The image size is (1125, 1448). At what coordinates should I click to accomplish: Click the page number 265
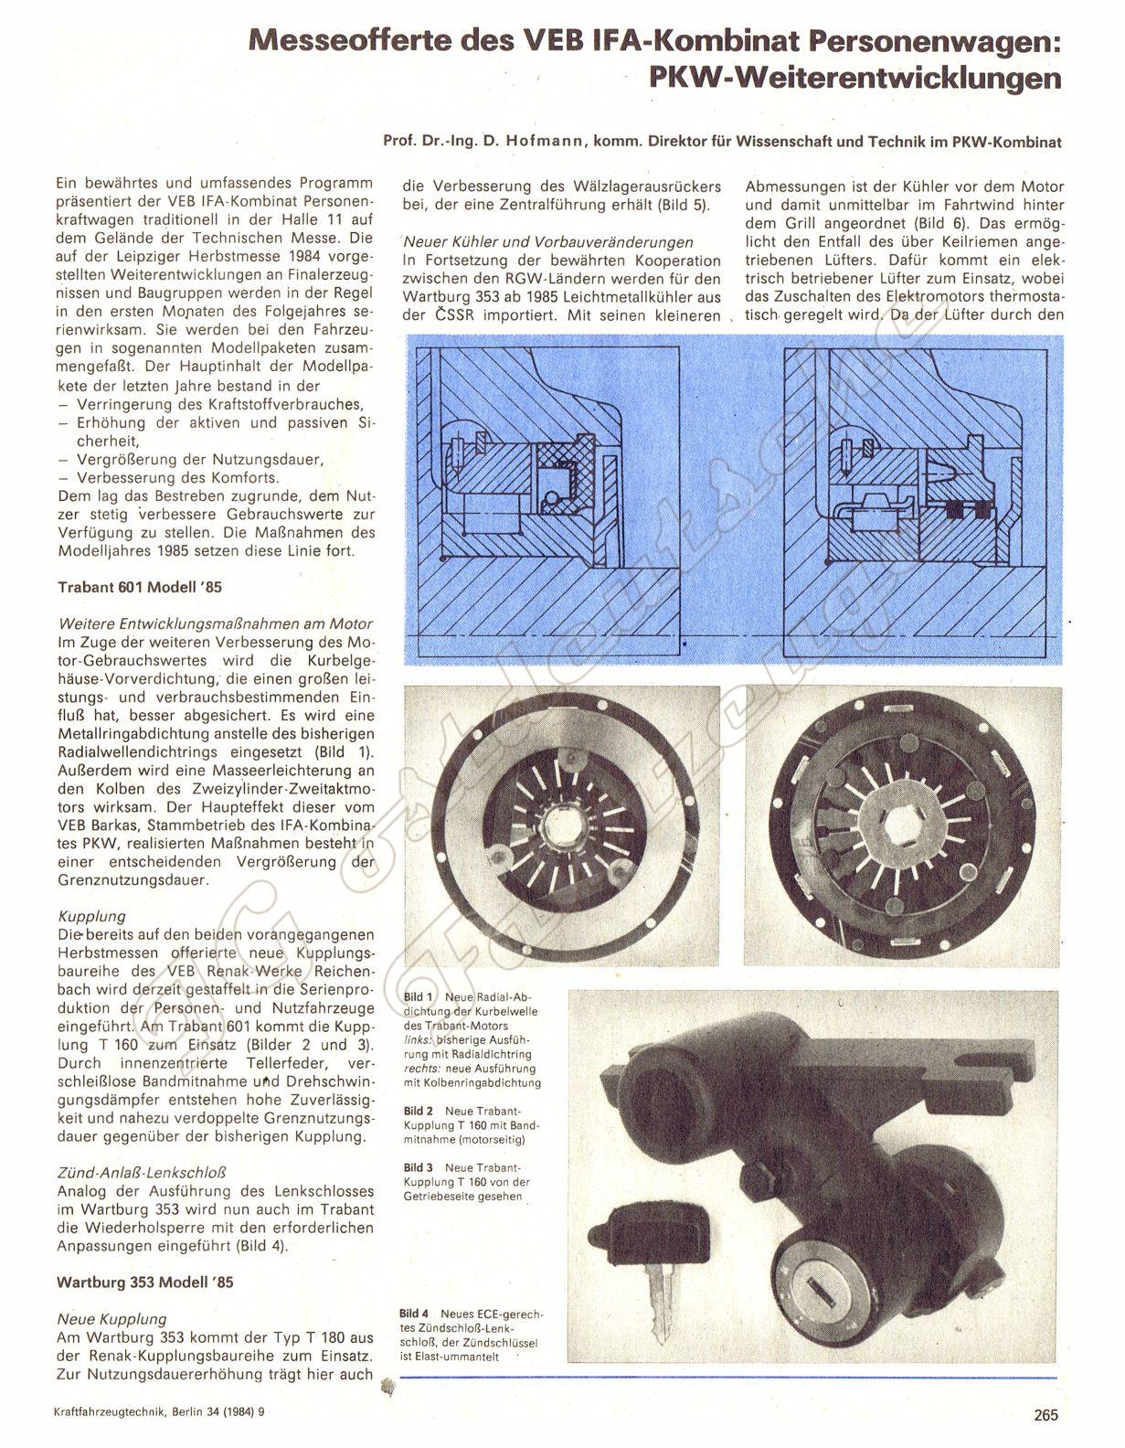pyautogui.click(x=1045, y=1414)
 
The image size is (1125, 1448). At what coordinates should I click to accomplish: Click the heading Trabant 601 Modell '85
pyautogui.click(x=140, y=587)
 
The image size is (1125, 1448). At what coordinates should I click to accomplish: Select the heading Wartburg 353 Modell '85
pyautogui.click(x=145, y=1282)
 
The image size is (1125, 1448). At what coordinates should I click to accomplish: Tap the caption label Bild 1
pyautogui.click(x=419, y=997)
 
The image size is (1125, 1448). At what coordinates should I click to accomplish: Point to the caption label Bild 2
pyautogui.click(x=419, y=1111)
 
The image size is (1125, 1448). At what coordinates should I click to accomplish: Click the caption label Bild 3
pyautogui.click(x=419, y=1167)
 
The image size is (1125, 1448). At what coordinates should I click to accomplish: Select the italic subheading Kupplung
pyautogui.click(x=91, y=916)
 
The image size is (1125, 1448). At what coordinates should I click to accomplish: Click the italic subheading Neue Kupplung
pyautogui.click(x=111, y=1319)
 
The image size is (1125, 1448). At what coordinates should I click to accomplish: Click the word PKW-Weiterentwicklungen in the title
pyautogui.click(x=855, y=79)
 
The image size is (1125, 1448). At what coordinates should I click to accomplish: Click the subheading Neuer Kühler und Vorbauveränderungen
pyautogui.click(x=548, y=242)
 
